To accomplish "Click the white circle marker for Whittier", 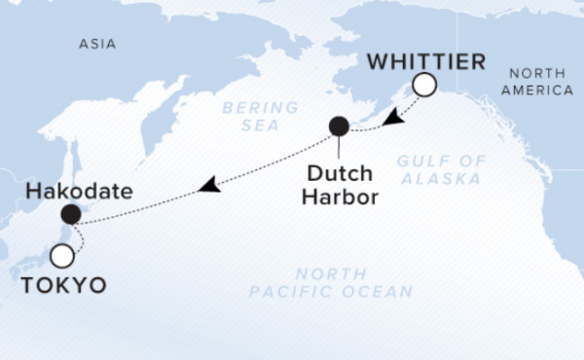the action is click(x=423, y=87).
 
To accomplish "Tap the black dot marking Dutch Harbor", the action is click(x=339, y=126).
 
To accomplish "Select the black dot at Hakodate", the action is click(x=70, y=214).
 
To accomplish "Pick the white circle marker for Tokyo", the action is click(x=62, y=256).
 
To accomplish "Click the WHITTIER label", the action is click(x=425, y=63).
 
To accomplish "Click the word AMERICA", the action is click(x=542, y=90).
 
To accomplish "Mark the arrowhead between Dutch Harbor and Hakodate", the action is click(x=208, y=185).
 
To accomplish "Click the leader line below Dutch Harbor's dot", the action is click(x=339, y=147).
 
